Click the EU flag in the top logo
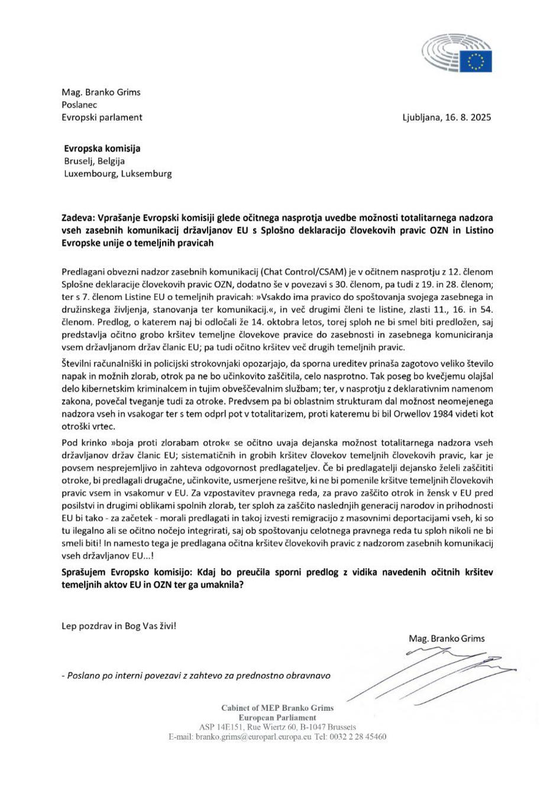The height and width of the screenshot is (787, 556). click(476, 60)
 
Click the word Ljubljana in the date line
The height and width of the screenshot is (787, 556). click(422, 117)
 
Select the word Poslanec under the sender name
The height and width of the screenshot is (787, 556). click(79, 105)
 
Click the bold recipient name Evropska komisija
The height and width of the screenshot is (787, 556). click(102, 149)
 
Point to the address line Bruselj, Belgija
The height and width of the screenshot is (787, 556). click(94, 161)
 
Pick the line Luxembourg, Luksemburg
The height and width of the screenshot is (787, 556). click(118, 174)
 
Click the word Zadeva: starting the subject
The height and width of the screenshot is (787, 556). click(78, 218)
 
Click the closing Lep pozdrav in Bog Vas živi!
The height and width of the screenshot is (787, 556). click(118, 625)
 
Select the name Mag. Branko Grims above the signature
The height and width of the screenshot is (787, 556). click(446, 638)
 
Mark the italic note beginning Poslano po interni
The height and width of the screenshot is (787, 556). click(196, 676)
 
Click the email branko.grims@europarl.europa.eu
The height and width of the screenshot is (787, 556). click(253, 737)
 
